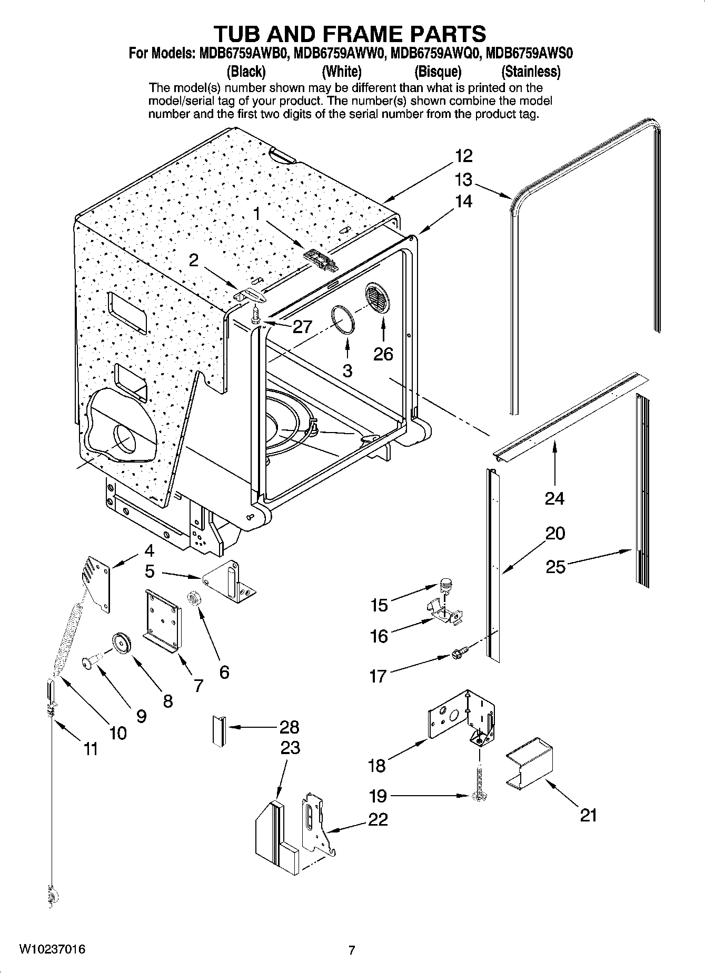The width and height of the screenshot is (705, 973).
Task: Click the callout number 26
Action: tap(383, 354)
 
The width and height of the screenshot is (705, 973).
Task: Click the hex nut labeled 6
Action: tap(194, 598)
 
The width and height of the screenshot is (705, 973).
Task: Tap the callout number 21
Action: tap(588, 815)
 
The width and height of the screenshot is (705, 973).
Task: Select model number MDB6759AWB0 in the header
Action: tap(243, 54)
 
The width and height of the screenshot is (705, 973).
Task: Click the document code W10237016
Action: tap(52, 949)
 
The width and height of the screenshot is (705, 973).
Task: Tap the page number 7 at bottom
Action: tap(352, 950)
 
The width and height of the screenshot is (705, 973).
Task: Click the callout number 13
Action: tap(463, 180)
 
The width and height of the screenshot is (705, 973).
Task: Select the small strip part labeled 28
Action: tap(219, 730)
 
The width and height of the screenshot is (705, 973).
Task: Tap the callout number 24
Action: tap(554, 498)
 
